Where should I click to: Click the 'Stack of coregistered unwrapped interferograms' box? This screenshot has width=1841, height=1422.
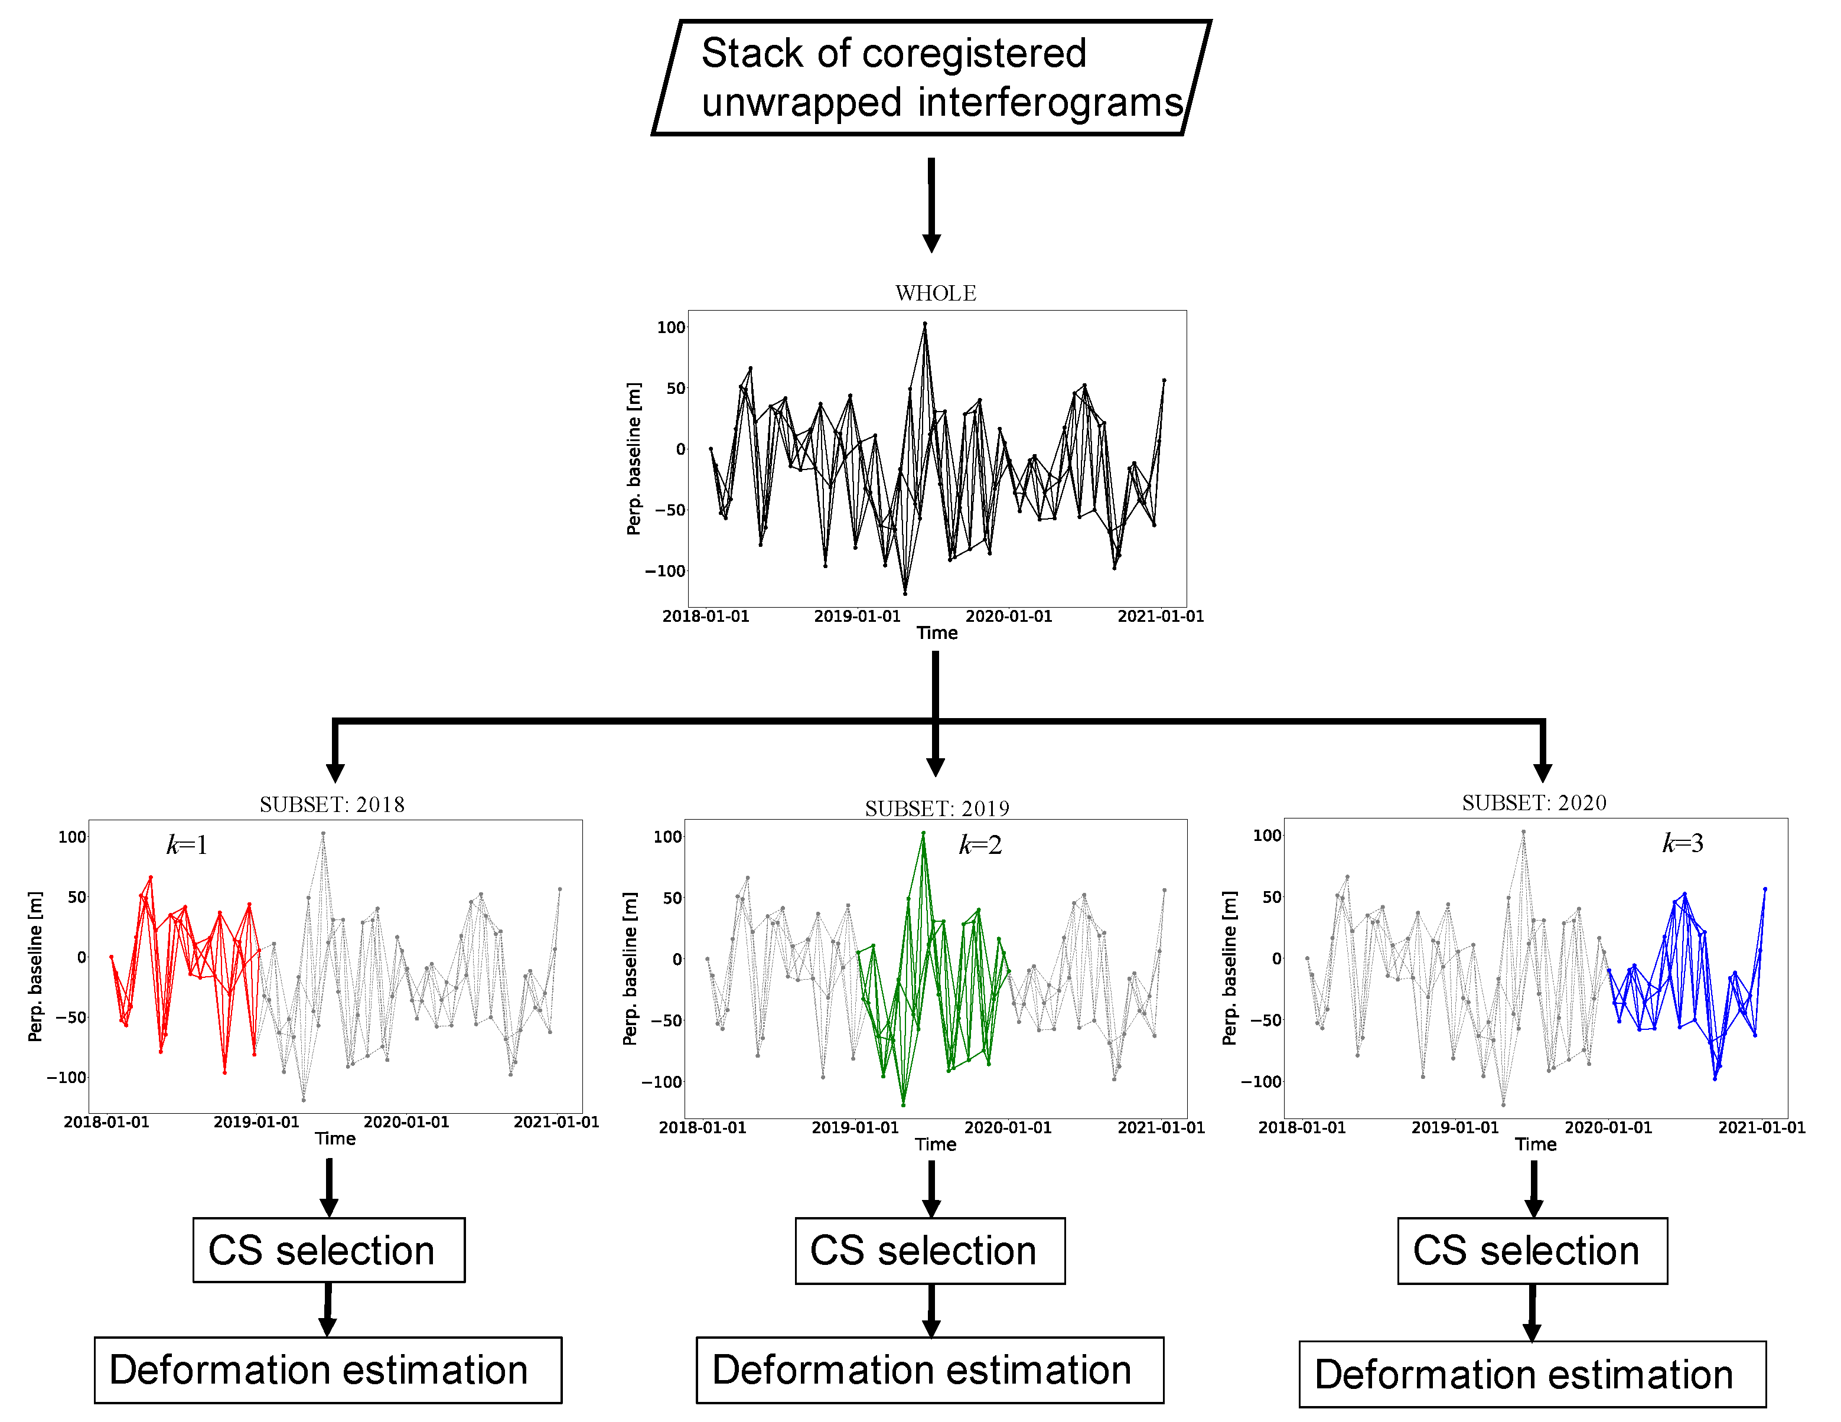(x=931, y=77)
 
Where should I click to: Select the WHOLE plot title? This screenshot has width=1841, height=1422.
(x=935, y=293)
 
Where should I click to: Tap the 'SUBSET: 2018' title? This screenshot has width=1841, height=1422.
(x=331, y=804)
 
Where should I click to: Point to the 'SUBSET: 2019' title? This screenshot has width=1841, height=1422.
(x=937, y=808)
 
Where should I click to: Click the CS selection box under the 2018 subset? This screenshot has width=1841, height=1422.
(x=329, y=1250)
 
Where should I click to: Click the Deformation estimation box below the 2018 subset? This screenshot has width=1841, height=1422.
(x=328, y=1370)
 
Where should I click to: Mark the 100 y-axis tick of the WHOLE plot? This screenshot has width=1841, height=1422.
(x=671, y=327)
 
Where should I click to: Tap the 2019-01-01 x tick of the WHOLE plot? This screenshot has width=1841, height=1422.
(x=856, y=616)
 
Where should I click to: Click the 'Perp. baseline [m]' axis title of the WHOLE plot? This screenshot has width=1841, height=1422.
(x=634, y=458)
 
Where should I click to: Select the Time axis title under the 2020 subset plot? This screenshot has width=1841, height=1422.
(x=1535, y=1144)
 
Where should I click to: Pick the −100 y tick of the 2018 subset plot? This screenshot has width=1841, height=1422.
(x=67, y=1077)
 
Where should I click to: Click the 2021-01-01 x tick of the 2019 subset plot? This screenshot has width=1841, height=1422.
(x=1160, y=1128)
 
